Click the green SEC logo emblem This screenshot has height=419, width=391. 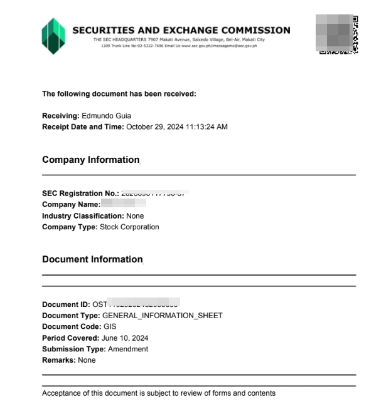click(53, 36)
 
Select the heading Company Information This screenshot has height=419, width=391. click(90, 160)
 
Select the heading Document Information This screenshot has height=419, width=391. click(92, 259)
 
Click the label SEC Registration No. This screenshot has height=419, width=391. click(80, 194)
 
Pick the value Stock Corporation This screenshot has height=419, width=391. click(129, 227)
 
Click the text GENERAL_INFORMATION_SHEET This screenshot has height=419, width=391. click(162, 316)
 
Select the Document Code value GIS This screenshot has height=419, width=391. click(109, 327)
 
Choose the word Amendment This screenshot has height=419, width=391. click(128, 349)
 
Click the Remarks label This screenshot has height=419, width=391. click(58, 361)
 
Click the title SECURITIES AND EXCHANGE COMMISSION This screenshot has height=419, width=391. click(181, 29)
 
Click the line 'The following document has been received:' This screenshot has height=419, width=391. click(119, 94)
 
